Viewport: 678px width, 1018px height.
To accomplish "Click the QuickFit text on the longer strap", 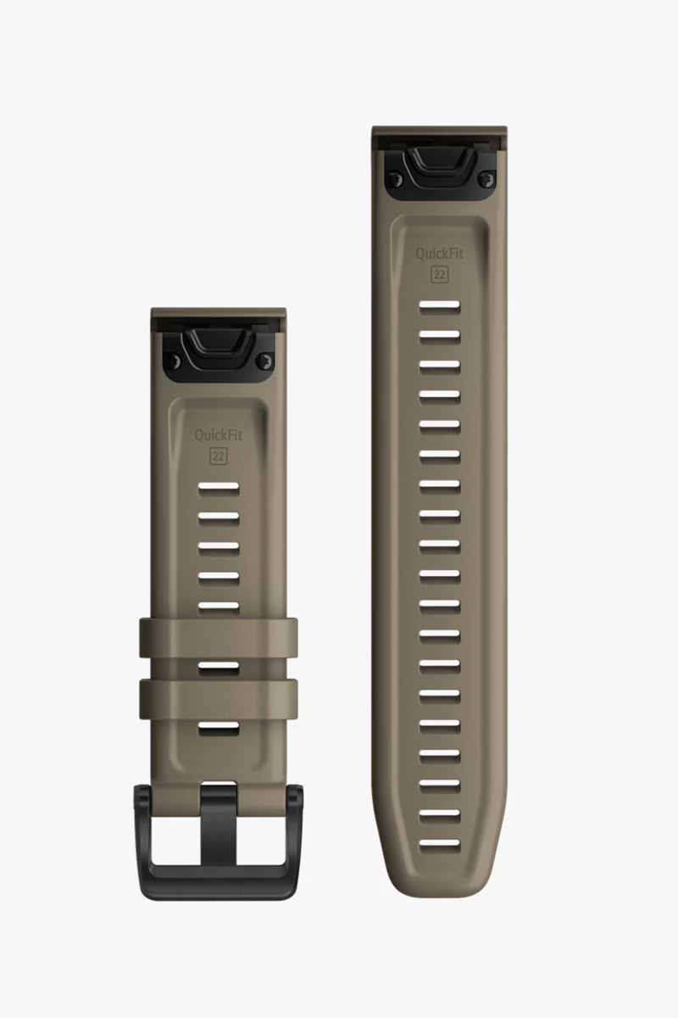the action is [x=440, y=254].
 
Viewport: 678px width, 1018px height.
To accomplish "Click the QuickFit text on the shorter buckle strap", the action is [x=219, y=435].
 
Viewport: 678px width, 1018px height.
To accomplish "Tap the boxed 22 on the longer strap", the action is [x=440, y=275].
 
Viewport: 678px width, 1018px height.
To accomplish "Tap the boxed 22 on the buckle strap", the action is [x=219, y=456].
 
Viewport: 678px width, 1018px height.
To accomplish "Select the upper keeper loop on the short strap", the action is [x=219, y=637].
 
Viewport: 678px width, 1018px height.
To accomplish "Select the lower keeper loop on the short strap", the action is [x=219, y=699].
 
